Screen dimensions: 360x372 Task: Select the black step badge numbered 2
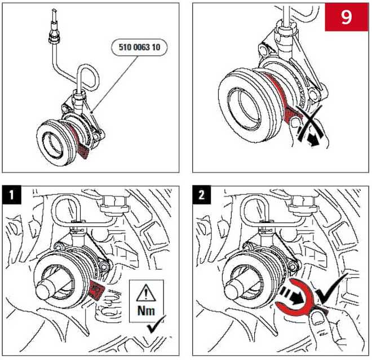[202, 197]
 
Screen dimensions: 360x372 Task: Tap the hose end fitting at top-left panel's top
[54, 35]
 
